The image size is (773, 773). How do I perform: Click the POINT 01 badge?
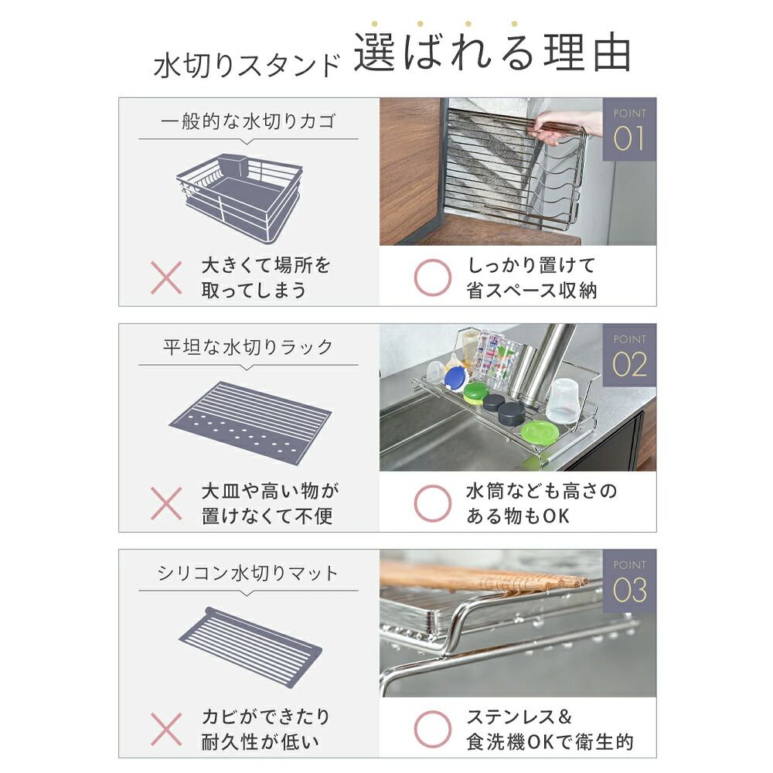[x=629, y=129]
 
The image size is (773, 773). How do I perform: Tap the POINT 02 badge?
[x=629, y=355]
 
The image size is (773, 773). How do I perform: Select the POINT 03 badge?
[x=629, y=581]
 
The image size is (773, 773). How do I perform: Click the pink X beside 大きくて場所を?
[x=166, y=278]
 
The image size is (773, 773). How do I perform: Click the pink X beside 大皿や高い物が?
[x=166, y=503]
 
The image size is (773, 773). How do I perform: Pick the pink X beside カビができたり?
[x=166, y=729]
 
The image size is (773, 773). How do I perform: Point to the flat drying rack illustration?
[x=250, y=424]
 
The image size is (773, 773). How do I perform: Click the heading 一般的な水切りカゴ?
[x=248, y=121]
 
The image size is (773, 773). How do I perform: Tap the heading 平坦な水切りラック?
[x=248, y=347]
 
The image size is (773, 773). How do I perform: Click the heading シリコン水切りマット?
[x=248, y=573]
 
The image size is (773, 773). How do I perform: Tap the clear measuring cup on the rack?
[x=563, y=400]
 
